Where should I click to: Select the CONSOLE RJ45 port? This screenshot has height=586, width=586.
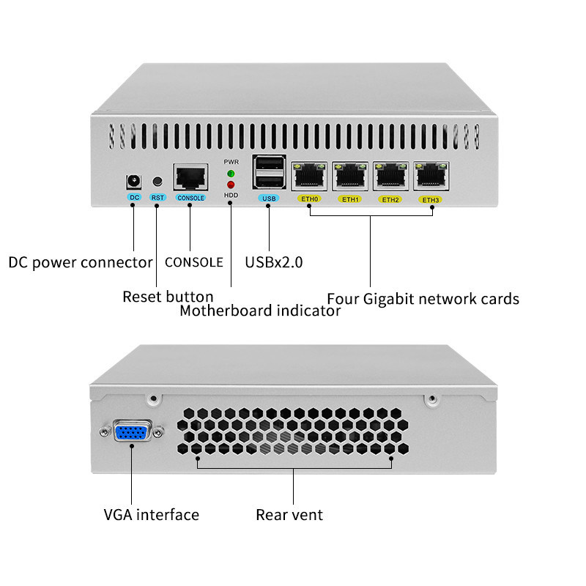tap(190, 177)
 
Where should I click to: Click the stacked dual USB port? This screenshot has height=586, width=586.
tap(267, 174)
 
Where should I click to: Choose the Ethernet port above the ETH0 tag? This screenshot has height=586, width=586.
tap(309, 177)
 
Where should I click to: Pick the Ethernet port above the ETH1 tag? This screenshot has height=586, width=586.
tap(349, 177)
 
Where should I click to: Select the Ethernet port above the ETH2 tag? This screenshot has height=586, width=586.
tap(390, 177)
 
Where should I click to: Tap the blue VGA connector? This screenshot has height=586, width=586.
tap(133, 432)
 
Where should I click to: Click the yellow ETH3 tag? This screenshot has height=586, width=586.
tap(431, 200)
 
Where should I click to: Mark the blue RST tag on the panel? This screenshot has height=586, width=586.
tap(157, 198)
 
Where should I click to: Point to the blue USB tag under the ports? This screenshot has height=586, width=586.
tap(267, 198)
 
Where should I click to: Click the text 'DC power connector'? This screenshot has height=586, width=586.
tap(81, 262)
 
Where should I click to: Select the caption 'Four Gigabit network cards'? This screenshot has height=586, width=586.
tap(423, 299)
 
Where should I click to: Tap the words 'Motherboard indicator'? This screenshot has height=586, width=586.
tap(260, 311)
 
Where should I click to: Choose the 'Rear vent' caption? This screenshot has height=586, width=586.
tap(289, 515)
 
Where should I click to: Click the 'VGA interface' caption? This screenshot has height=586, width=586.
tap(151, 515)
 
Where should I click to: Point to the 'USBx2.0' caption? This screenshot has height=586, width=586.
tap(273, 262)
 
